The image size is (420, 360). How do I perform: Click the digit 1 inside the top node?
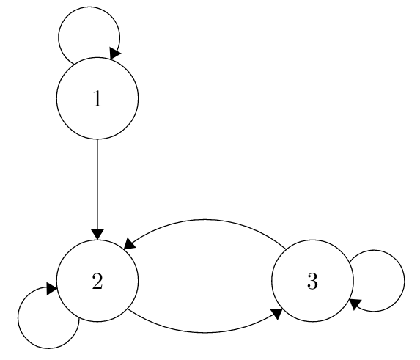97,98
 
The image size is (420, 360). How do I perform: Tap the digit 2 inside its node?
97,282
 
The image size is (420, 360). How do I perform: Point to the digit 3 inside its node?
312,282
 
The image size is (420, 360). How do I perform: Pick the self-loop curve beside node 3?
404,281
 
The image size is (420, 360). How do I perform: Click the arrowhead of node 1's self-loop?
114,54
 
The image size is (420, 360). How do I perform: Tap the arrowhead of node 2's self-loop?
51,288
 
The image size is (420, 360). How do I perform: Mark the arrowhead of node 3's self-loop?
355,304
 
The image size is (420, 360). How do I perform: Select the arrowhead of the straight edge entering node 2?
97,235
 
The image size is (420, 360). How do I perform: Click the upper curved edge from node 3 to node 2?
205,220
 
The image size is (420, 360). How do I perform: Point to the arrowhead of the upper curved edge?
129,244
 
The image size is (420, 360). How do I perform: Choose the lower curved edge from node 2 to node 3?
205,333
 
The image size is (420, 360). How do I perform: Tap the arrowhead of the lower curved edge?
277,313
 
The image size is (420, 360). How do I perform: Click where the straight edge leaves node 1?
97,139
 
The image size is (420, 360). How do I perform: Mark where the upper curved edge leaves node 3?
286,249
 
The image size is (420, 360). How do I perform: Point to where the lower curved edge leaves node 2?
128,309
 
